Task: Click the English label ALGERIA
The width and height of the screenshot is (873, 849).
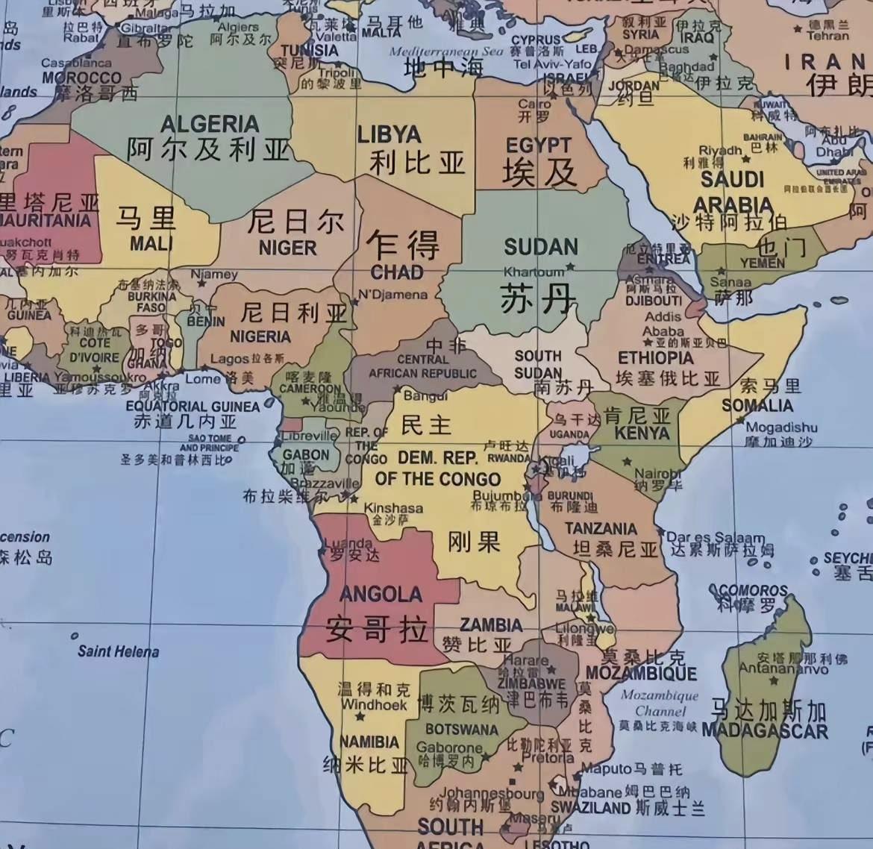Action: click(x=210, y=124)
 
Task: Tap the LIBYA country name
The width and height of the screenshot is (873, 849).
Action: click(x=389, y=135)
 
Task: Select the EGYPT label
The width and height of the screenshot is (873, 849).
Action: click(x=538, y=145)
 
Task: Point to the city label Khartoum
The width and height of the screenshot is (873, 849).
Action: click(x=533, y=272)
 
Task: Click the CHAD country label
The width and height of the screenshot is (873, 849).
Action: click(x=396, y=272)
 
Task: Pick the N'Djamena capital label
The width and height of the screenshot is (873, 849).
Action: click(x=392, y=294)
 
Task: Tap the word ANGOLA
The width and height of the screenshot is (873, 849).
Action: click(x=381, y=595)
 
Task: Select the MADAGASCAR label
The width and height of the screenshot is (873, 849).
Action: click(x=765, y=730)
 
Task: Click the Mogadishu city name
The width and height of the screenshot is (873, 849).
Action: click(x=781, y=427)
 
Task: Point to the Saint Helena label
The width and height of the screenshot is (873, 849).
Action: click(x=118, y=651)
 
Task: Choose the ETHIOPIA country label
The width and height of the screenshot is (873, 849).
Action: click(x=656, y=358)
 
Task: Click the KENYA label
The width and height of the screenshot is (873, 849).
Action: click(x=642, y=433)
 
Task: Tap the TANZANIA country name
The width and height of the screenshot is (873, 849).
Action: click(x=601, y=529)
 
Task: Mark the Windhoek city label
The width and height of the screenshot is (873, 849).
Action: click(x=374, y=704)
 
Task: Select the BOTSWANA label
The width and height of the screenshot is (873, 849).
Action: click(x=461, y=729)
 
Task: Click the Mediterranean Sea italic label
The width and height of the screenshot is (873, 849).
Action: click(x=446, y=51)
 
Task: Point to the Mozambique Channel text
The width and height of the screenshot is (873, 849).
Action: click(x=660, y=703)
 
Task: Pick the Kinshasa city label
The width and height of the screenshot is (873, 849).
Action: click(x=393, y=508)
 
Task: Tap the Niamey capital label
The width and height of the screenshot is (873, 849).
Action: click(x=214, y=274)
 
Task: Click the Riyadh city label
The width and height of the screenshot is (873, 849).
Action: click(x=720, y=150)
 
